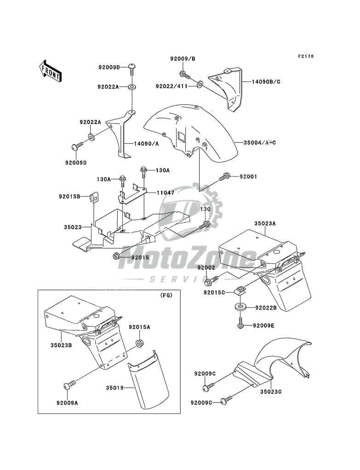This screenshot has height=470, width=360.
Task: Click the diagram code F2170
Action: pyautogui.click(x=306, y=57)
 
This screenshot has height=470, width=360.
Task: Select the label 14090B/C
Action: pyautogui.click(x=266, y=82)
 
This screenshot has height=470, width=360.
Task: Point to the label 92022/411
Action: pyautogui.click(x=171, y=86)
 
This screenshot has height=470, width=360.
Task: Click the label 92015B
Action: pyautogui.click(x=69, y=197)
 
